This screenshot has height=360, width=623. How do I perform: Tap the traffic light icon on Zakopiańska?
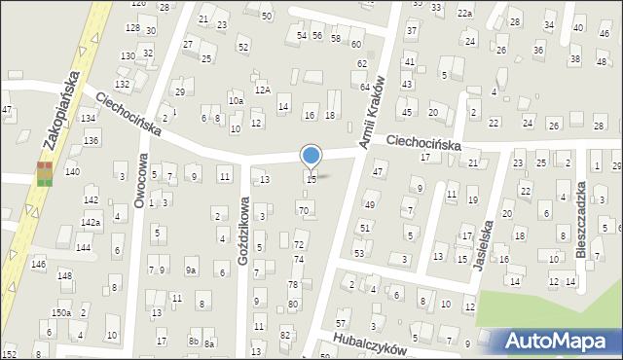pyautogui.click(x=45, y=174)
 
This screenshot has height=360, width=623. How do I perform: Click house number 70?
pyautogui.click(x=304, y=210)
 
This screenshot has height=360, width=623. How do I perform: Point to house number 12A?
pyautogui.click(x=262, y=90)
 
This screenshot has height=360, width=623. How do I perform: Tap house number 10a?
pyautogui.click(x=235, y=100)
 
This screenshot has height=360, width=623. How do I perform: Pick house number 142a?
pyautogui.click(x=91, y=223)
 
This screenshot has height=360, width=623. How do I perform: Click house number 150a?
pyautogui.click(x=61, y=312)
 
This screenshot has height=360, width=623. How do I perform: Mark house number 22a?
pyautogui.click(x=465, y=13)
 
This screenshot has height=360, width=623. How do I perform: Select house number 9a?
pyautogui.click(x=191, y=270)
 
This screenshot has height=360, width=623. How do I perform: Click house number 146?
pyautogui.click(x=38, y=265)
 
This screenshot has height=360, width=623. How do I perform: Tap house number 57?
pyautogui.click(x=341, y=322)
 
